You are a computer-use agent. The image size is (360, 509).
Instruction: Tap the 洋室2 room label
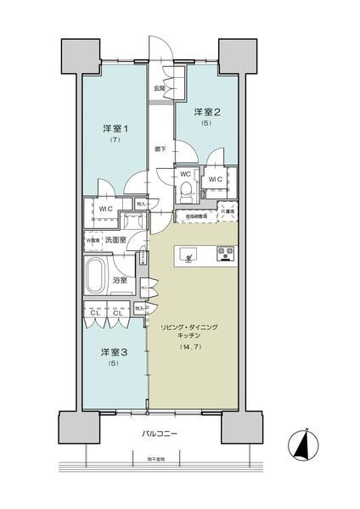coord(206,111)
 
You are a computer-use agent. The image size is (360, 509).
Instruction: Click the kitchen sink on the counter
coord(188,252)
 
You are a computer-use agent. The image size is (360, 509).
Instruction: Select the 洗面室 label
coord(116,240)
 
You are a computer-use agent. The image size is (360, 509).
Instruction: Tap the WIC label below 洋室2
coord(215,179)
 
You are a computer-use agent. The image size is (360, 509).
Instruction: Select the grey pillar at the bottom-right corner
coord(240,427)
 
